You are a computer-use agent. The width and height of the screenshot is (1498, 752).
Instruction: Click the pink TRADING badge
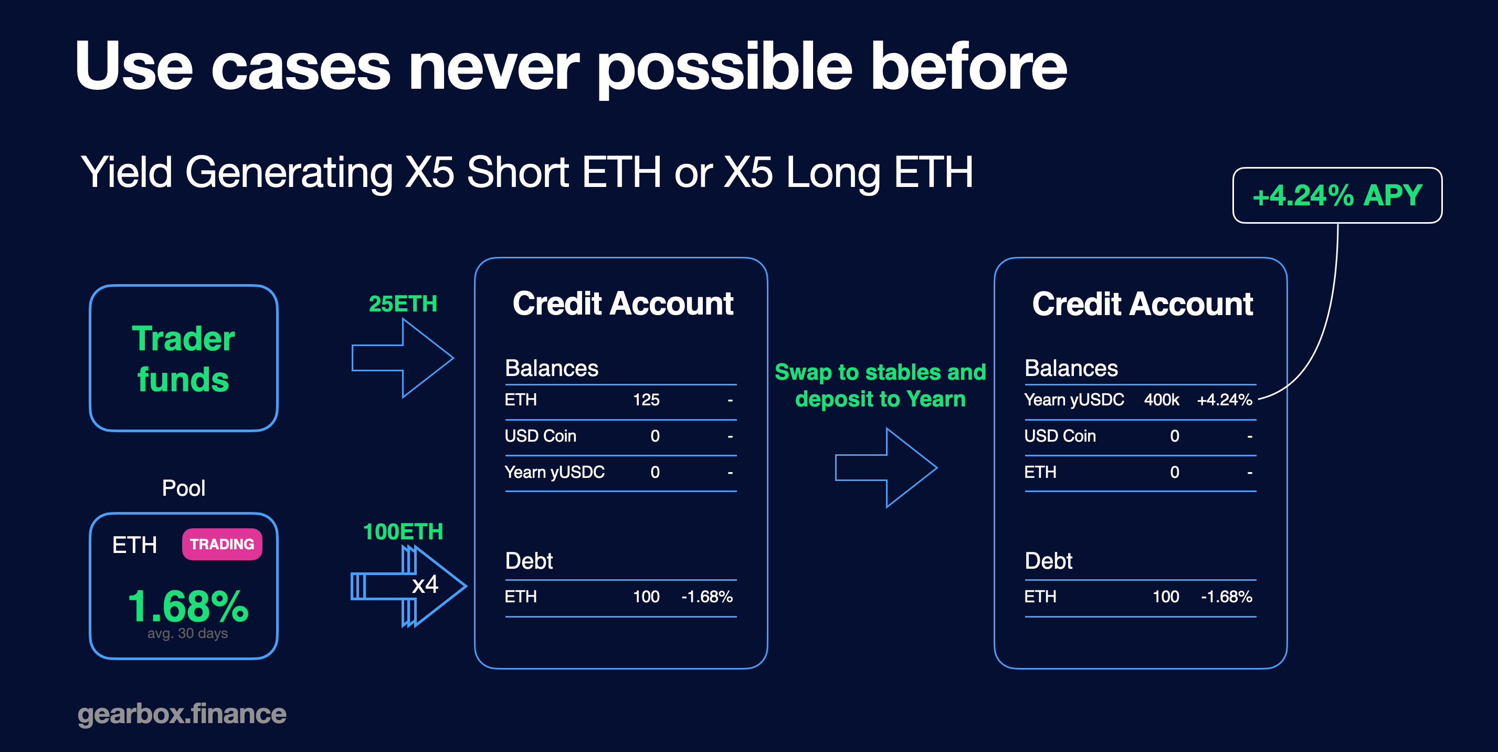point(222,544)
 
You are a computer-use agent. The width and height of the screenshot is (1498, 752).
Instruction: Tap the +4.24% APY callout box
point(1337,195)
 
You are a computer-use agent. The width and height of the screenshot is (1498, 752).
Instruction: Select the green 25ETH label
point(403,304)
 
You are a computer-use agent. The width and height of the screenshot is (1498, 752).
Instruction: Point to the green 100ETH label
point(403,531)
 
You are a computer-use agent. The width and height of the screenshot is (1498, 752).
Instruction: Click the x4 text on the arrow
point(425,584)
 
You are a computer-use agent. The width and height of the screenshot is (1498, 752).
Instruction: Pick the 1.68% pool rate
point(188,606)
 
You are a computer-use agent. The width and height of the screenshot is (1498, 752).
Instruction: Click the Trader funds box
point(184,358)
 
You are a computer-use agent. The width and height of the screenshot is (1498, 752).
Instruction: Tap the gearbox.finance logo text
point(182,714)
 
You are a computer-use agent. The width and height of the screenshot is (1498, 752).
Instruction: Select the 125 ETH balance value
point(646,400)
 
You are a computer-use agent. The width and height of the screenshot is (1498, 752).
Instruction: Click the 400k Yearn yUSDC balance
point(1162,400)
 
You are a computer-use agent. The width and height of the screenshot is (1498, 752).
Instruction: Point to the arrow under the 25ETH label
point(403,358)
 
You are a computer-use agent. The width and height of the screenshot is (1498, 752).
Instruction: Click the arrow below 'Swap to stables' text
point(886,467)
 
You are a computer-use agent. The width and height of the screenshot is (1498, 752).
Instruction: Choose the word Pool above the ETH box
point(184,488)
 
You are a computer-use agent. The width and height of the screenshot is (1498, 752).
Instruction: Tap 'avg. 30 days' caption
point(188,633)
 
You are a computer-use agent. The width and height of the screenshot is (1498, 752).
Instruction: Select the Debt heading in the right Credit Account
point(1049,561)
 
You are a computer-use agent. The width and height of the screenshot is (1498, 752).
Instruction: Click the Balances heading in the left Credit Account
point(551,368)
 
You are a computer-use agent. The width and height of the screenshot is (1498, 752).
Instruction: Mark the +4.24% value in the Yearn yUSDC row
point(1225,400)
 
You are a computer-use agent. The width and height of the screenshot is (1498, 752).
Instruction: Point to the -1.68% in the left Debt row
point(707,596)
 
